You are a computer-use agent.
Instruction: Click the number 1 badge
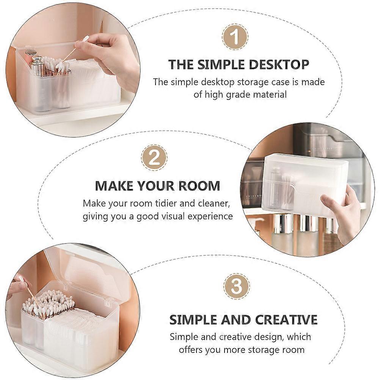pos(235,37)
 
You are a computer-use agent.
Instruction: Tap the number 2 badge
pos(154,158)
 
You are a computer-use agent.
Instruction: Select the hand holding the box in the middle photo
pos(344,213)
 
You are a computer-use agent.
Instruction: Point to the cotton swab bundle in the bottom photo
pos(49,303)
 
